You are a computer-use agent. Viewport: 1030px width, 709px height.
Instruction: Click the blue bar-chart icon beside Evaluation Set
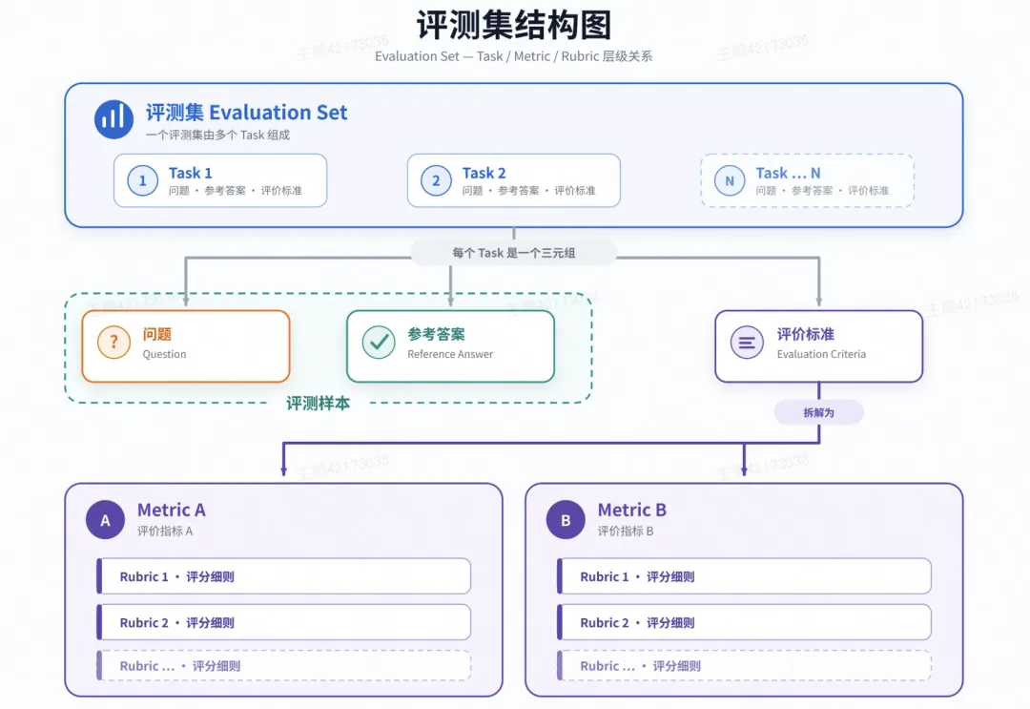tap(113, 119)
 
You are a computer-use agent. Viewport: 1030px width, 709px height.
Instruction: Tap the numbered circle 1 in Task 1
tap(142, 180)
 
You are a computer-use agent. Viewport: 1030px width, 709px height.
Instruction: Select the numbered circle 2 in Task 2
tap(436, 180)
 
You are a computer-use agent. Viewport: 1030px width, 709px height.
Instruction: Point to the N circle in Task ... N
tap(730, 180)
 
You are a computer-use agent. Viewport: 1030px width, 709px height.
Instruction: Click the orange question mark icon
tap(113, 343)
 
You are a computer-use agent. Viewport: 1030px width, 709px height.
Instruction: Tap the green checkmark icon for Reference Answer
tap(379, 343)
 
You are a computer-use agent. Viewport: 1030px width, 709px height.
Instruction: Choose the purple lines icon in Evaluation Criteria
tap(747, 343)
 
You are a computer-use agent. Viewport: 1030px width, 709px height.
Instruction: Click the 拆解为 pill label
tap(818, 412)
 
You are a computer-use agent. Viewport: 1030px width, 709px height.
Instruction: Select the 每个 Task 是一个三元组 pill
tap(514, 253)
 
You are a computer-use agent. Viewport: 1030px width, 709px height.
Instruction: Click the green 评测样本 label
tap(318, 403)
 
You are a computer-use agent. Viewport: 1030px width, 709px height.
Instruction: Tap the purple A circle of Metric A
tap(105, 520)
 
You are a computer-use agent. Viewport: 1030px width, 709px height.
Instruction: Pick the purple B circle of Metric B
tap(566, 520)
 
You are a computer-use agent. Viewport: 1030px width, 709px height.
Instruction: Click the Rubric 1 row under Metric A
tap(284, 576)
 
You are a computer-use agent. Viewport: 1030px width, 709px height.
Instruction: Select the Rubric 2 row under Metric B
tap(744, 622)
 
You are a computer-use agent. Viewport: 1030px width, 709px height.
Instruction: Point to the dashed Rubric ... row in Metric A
tap(284, 666)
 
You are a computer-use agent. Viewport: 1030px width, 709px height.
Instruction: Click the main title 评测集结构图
tap(514, 26)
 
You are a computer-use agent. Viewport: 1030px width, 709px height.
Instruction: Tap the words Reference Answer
tap(450, 354)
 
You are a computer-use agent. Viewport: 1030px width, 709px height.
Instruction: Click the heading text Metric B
tap(632, 510)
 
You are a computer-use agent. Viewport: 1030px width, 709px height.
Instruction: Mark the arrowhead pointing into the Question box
tap(186, 301)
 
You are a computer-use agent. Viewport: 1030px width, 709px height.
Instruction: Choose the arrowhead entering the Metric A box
tap(284, 470)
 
